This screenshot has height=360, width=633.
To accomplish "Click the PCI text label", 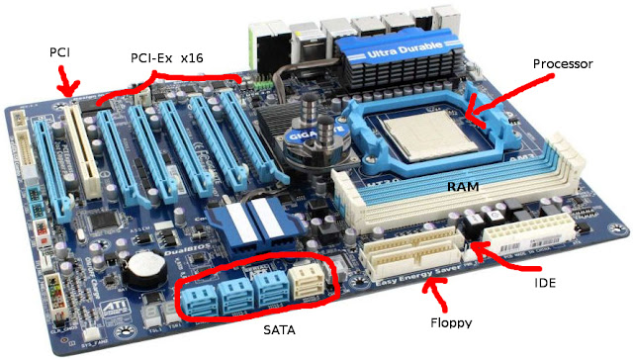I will tap(60, 50).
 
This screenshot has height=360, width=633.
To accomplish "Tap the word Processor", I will tap(563, 63).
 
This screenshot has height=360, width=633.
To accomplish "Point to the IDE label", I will tap(545, 282).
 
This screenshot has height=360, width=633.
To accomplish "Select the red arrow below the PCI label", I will tap(68, 84).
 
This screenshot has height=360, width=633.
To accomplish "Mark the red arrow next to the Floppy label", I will tap(433, 291).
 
